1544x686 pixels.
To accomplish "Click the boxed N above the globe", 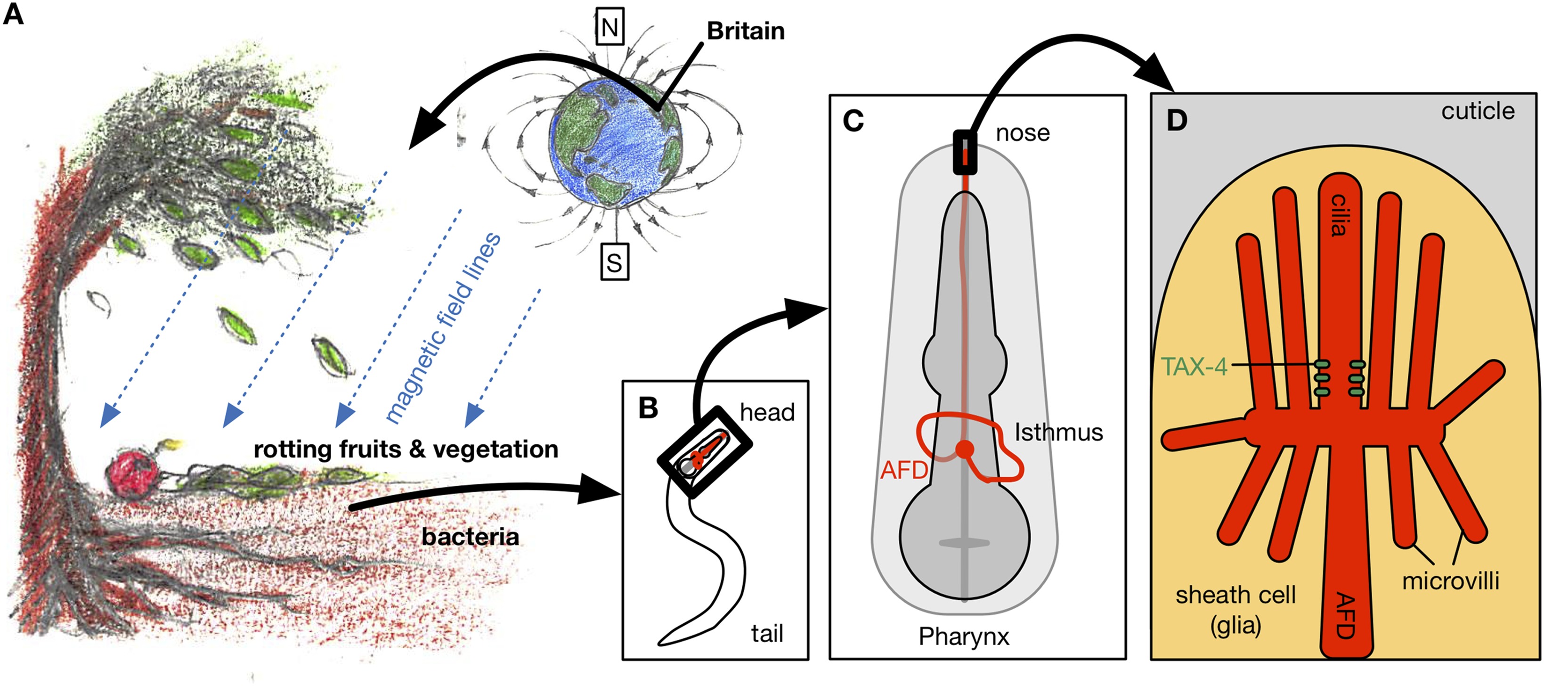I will pyautogui.click(x=609, y=27).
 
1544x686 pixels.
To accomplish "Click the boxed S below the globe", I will pyautogui.click(x=614, y=262).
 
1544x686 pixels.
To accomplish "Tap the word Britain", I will pyautogui.click(x=746, y=31).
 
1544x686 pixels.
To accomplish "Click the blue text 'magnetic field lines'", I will pyautogui.click(x=444, y=327).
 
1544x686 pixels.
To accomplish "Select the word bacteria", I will pyautogui.click(x=470, y=537).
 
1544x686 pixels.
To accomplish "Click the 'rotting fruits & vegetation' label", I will pyautogui.click(x=406, y=449).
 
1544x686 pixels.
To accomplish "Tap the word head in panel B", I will pyautogui.click(x=767, y=413).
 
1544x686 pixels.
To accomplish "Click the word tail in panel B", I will pyautogui.click(x=767, y=633).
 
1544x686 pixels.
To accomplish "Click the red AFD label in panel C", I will pyautogui.click(x=904, y=470).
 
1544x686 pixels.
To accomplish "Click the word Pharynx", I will pyautogui.click(x=964, y=636).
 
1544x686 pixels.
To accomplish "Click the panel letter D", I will pyautogui.click(x=1177, y=121).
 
